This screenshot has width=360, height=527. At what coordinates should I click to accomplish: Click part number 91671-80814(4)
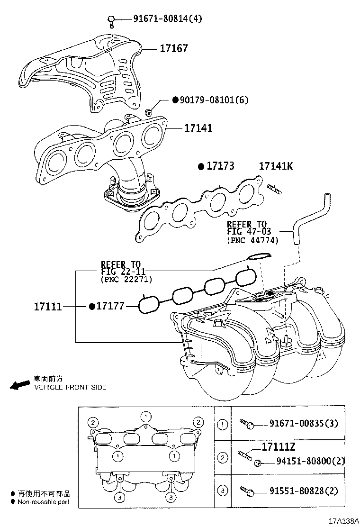[161, 19]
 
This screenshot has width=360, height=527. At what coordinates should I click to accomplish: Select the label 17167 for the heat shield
[173, 48]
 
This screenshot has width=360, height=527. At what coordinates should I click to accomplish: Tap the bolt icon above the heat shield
[111, 19]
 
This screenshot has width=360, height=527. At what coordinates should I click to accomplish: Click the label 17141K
[276, 166]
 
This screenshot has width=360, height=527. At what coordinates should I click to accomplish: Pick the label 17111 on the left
[47, 307]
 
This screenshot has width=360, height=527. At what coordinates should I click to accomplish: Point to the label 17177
[110, 307]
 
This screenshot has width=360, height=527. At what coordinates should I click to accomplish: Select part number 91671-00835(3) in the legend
[304, 423]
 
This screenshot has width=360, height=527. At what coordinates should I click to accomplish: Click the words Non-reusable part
[44, 502]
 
